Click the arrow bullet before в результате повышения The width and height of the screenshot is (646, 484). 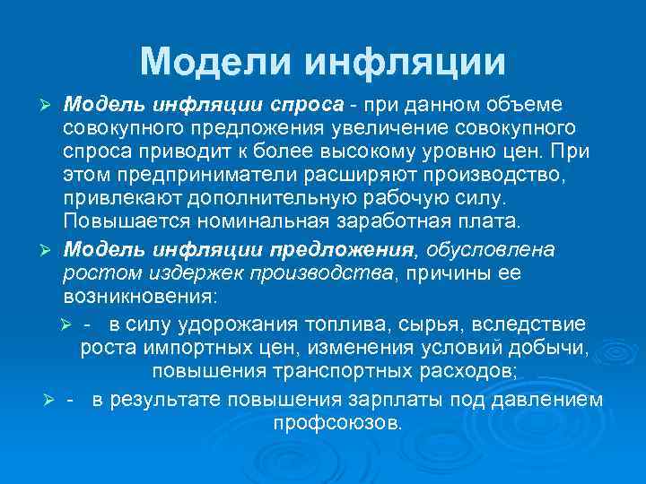(49, 399)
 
